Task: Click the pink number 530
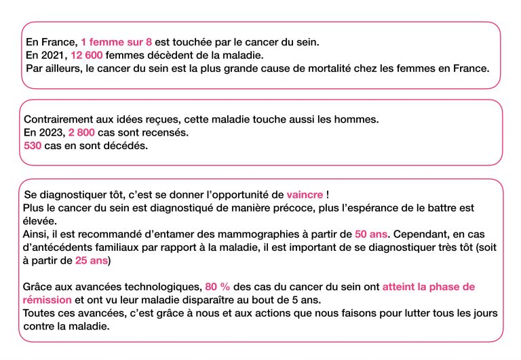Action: pyautogui.click(x=33, y=145)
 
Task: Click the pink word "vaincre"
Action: pyautogui.click(x=305, y=195)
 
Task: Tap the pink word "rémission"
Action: pyautogui.click(x=47, y=300)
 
